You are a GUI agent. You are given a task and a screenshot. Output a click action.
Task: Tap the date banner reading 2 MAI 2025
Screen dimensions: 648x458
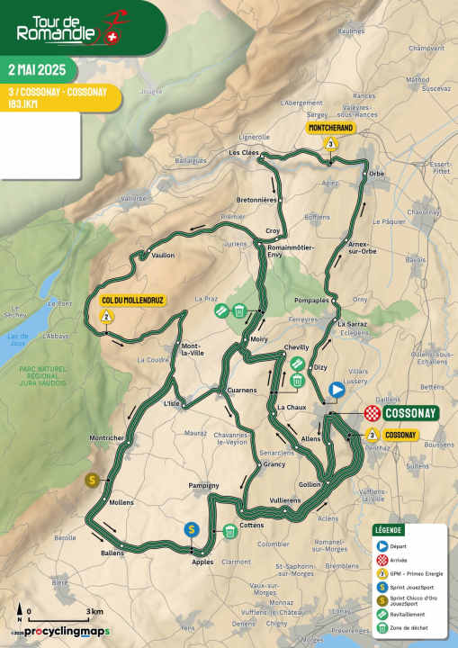[x=38, y=69]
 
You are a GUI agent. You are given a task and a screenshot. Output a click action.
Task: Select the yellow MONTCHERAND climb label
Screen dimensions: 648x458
[x=331, y=129]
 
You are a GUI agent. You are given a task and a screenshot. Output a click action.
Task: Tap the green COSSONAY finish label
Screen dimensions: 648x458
[x=409, y=413]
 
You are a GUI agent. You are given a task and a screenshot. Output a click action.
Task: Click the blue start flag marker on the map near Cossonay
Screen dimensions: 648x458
[x=337, y=390]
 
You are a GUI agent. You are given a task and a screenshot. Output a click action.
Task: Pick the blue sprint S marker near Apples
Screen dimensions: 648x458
[x=191, y=529]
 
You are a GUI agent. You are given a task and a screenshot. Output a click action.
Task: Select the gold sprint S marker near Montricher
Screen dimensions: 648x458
[x=91, y=480]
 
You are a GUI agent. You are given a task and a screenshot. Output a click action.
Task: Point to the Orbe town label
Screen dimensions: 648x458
[x=377, y=173]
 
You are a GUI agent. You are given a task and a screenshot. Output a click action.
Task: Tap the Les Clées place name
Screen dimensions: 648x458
[x=243, y=153]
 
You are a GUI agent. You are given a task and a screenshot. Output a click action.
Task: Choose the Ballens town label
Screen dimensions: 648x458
[x=112, y=553]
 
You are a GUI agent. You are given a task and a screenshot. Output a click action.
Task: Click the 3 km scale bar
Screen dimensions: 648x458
[x=62, y=619]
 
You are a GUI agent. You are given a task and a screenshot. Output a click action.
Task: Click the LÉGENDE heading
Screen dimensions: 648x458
[x=390, y=529]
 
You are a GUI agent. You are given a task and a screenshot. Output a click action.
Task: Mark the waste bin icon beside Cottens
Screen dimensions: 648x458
[x=231, y=531]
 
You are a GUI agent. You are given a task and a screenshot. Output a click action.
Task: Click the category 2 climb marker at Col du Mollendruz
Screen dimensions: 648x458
[x=106, y=316]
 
